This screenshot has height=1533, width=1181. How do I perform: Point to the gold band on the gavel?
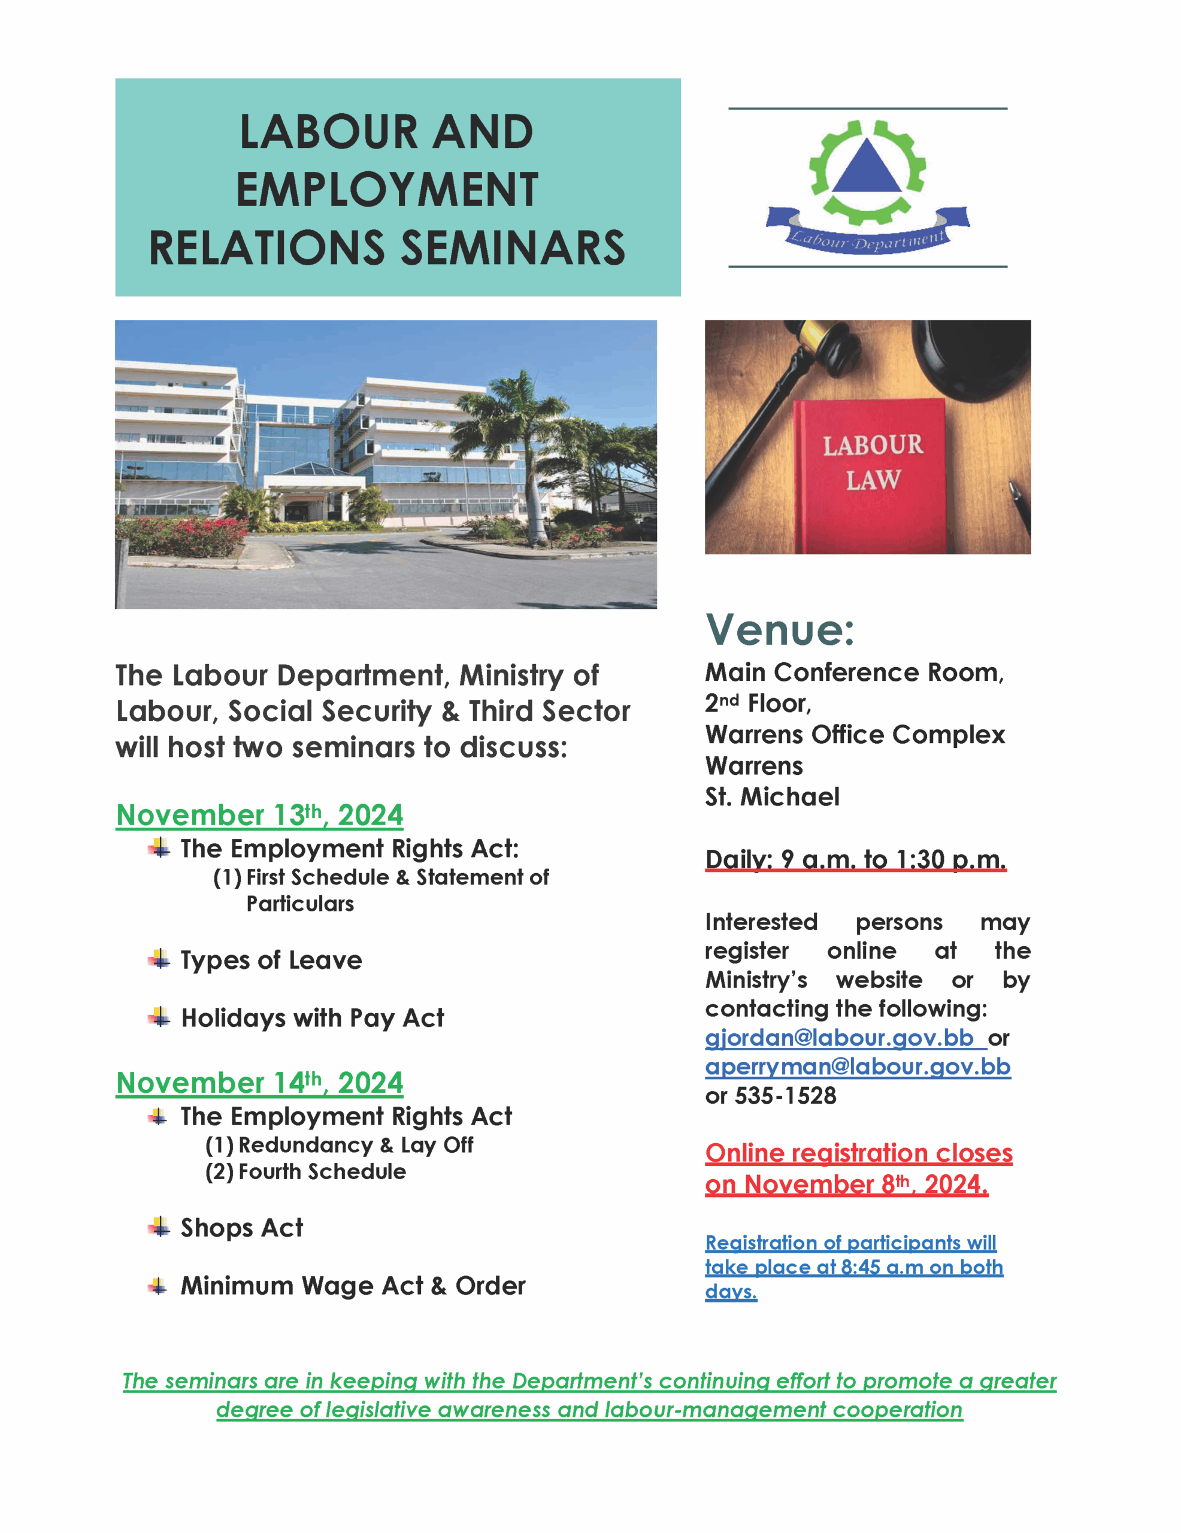tap(818, 340)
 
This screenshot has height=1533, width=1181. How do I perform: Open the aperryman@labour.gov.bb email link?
tap(858, 1067)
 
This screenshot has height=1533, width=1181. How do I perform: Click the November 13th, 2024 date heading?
tap(260, 815)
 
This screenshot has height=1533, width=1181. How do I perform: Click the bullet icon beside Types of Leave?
tap(159, 959)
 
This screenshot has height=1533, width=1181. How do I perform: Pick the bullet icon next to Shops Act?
tap(159, 1227)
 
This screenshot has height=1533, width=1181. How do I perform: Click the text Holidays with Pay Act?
tap(313, 1019)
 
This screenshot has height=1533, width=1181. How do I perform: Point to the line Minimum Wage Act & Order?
tap(353, 1286)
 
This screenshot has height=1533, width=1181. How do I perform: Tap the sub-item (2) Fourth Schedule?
tap(305, 1171)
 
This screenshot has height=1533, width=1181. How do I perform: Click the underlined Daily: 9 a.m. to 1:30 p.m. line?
tap(856, 859)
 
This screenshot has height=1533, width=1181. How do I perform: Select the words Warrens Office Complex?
tap(855, 734)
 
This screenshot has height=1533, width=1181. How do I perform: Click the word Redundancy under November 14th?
tap(306, 1145)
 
